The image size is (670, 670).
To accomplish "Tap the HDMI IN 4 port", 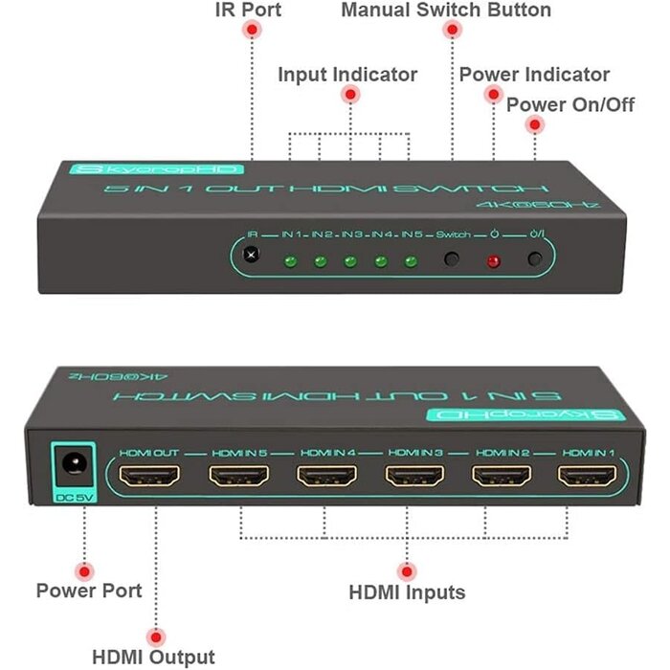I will point(325,476).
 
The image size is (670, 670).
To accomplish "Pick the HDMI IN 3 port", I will point(413,476).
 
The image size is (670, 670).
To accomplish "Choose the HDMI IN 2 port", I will point(502,476).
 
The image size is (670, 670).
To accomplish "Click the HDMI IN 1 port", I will point(590,476).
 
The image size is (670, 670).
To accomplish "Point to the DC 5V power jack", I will point(71,465).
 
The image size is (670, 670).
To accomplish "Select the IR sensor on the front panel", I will point(252,256).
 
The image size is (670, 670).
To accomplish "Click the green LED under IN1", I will point(289,260).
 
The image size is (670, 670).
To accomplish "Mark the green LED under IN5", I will point(411,260).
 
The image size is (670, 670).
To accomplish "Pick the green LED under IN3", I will point(350,260).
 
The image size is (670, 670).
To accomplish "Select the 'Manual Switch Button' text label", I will point(446,11).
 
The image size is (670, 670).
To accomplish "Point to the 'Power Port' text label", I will point(89,590).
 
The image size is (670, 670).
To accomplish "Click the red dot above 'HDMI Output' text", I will point(154,636).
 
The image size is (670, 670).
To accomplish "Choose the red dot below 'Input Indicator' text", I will point(350,94).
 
